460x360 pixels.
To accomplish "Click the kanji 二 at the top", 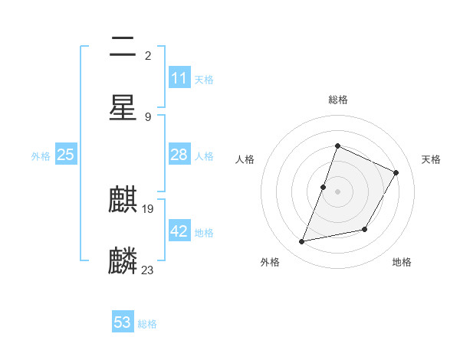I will pos(123,48).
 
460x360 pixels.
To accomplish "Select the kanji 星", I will pos(123,106).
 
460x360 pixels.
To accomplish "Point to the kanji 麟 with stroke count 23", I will pos(123,260).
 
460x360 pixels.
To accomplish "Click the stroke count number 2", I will pos(147,55).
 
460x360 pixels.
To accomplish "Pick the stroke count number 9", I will pos(147,116).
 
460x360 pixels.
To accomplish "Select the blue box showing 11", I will pos(179,78).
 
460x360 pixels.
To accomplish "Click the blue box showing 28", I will pos(179,155).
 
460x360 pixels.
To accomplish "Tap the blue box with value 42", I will pos(179,231).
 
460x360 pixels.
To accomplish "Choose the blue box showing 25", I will pos(65,155).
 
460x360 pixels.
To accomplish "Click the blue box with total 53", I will pos(123,322).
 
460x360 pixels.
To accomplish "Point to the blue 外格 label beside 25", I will pos(41,156).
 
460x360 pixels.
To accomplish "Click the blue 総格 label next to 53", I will pos(147,324).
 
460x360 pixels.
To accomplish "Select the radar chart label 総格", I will pos(337,100).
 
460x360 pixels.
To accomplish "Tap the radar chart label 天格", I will pos(431,159).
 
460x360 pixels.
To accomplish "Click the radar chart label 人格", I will pos(245,159).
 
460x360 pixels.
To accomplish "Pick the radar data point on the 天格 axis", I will pos(396,172).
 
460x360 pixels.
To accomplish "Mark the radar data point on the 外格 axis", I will pos(302,242).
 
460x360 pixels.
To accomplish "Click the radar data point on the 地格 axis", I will pos(365,229).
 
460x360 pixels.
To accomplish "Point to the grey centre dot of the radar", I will pos(337,191).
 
